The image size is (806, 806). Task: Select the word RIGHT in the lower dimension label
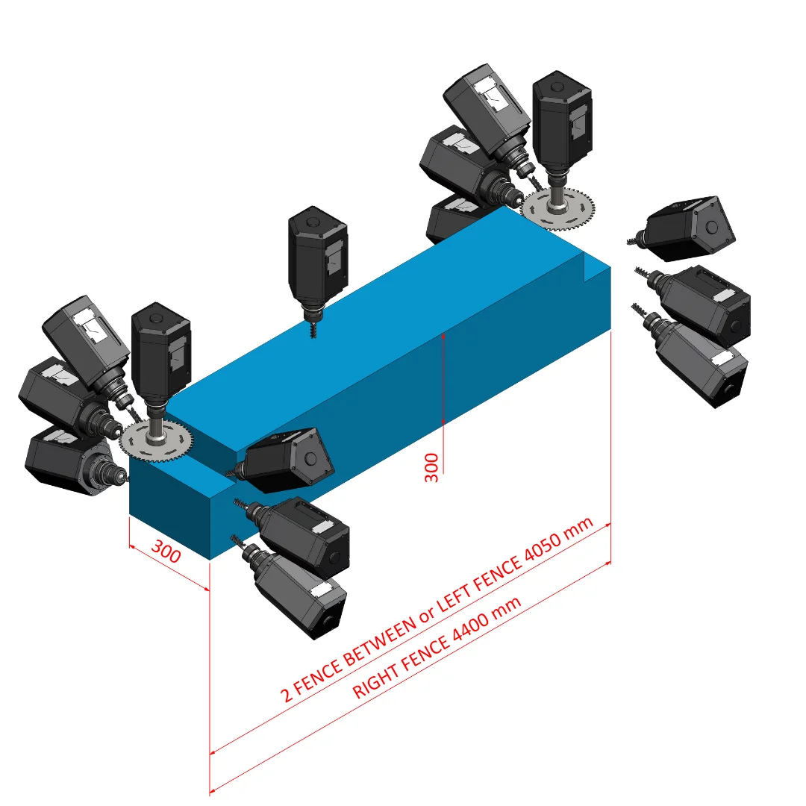click(375, 681)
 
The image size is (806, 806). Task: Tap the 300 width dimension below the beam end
click(166, 552)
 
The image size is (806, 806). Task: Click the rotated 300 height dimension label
click(431, 468)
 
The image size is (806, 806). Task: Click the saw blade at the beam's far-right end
click(557, 209)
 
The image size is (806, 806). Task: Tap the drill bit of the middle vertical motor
click(313, 328)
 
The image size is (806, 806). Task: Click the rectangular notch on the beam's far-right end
click(597, 266)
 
